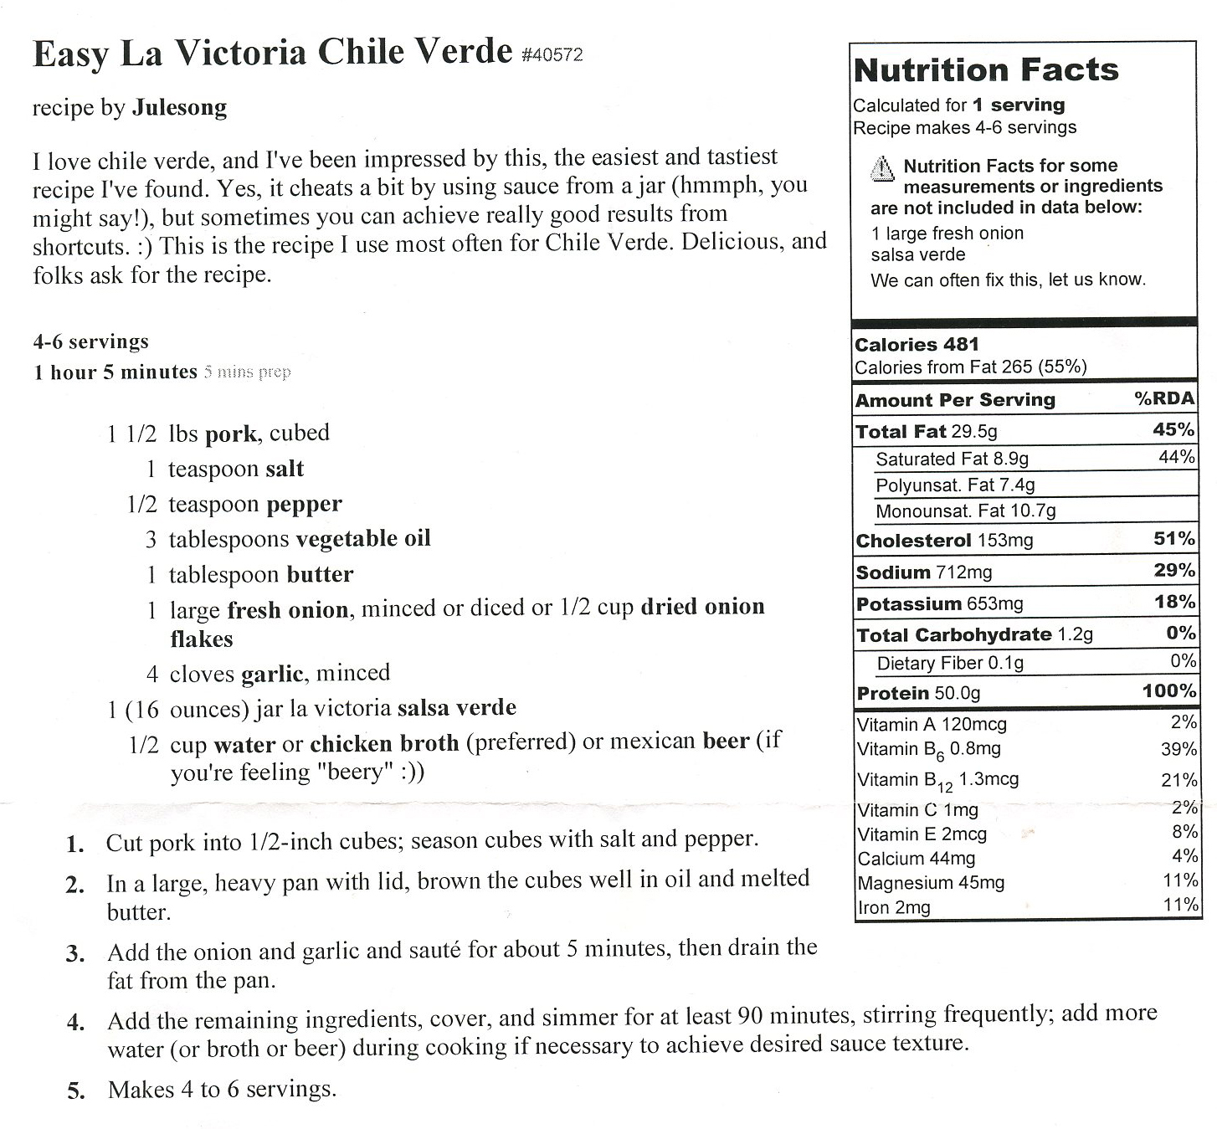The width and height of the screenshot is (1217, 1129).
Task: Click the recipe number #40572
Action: [552, 55]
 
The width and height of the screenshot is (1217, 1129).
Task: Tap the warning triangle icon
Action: [882, 169]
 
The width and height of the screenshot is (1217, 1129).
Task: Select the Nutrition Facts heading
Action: [986, 70]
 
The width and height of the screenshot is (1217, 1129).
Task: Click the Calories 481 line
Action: [917, 344]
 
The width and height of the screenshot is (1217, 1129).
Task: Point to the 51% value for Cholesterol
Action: [1174, 539]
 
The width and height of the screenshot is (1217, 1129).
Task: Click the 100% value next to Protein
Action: [1169, 691]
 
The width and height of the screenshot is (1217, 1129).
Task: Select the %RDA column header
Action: [1164, 398]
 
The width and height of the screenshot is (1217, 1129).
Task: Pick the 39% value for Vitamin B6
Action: [1178, 750]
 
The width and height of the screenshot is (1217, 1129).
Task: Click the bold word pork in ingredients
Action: [231, 434]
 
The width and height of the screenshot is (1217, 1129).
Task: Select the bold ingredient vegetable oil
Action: [363, 538]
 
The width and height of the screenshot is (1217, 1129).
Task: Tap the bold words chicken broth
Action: [384, 743]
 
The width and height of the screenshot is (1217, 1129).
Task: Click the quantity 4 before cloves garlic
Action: [151, 674]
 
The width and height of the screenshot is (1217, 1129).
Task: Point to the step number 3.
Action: [75, 954]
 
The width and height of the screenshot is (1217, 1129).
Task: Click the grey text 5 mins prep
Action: [248, 372]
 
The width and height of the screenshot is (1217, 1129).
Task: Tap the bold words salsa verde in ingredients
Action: [456, 708]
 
